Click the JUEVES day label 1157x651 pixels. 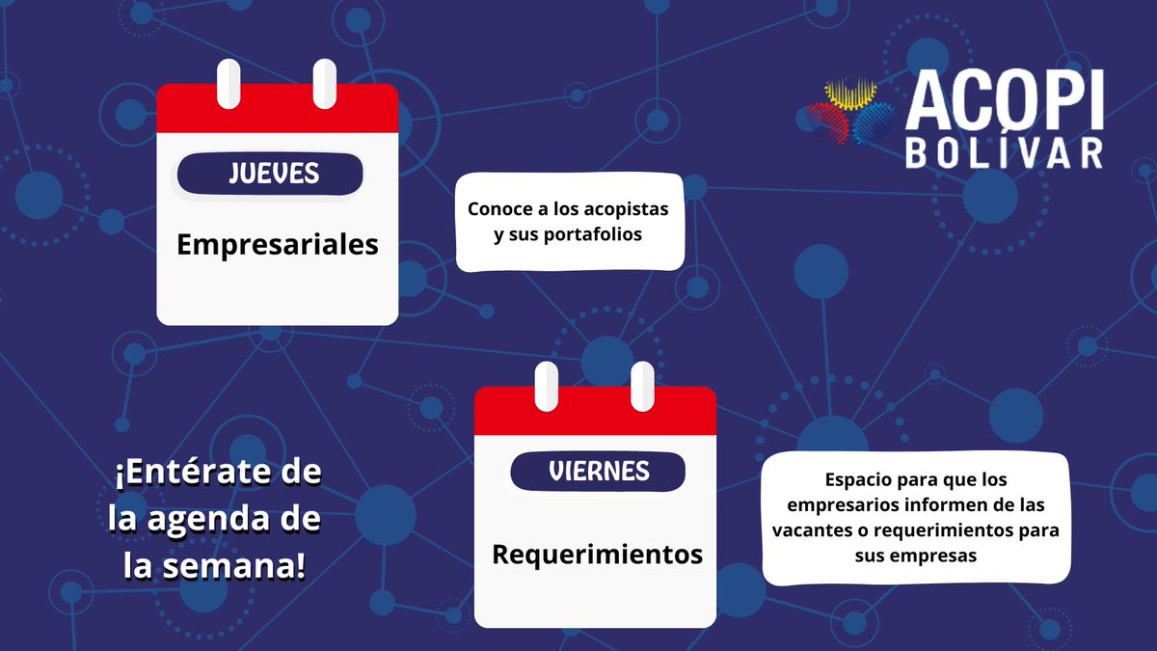click(274, 175)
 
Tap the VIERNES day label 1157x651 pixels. click(599, 472)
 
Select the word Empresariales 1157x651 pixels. click(278, 245)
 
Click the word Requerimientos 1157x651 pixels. click(598, 555)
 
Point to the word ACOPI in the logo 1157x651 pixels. click(1004, 102)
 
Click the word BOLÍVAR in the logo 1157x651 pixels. click(1004, 153)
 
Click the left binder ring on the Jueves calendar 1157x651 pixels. click(229, 83)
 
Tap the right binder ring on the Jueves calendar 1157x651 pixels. click(325, 83)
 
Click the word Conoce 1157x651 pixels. click(501, 208)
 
